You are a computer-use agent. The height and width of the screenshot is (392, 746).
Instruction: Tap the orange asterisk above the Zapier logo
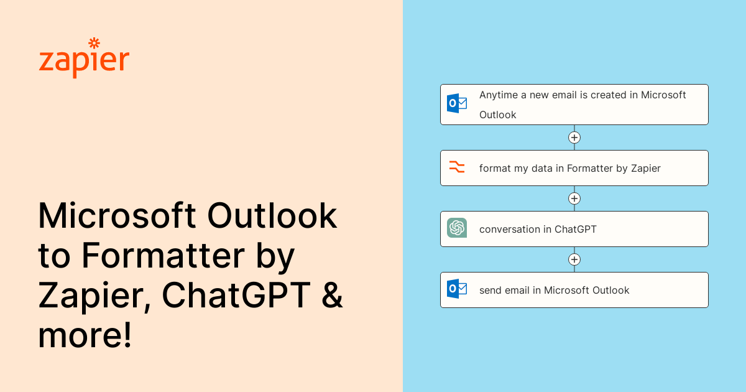[x=94, y=43]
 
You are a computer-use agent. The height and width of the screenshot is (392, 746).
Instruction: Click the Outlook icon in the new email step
[x=457, y=103]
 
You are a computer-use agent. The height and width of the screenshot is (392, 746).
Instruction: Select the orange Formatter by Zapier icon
[x=457, y=167]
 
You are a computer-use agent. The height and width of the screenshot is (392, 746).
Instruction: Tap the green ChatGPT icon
[x=457, y=228]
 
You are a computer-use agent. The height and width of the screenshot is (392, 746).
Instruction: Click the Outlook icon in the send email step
[x=457, y=289]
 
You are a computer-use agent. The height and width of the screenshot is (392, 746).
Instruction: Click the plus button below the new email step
[x=574, y=138]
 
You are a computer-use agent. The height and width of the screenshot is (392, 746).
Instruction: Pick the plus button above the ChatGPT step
[x=574, y=198]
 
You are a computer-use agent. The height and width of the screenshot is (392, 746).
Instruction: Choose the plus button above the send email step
[x=574, y=259]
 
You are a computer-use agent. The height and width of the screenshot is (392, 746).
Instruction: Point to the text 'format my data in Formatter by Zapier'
[x=569, y=168]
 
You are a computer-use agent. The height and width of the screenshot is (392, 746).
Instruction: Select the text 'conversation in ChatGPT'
[x=538, y=229]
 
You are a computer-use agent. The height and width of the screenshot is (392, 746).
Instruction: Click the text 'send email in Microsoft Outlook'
[x=554, y=290]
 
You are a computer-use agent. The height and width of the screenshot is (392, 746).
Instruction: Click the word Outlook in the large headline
[x=272, y=216]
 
